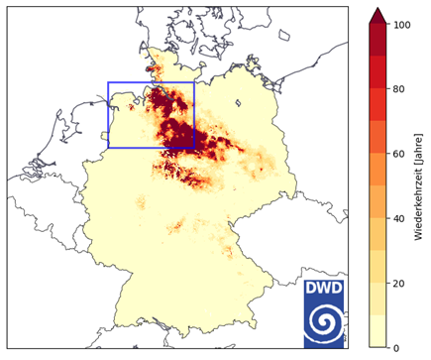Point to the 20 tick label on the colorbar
(x=399, y=283)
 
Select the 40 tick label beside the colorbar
(x=399, y=217)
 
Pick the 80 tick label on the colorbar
(x=399, y=88)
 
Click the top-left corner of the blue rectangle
(x=108, y=82)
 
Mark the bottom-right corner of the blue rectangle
(x=194, y=148)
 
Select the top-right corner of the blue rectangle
(x=194, y=82)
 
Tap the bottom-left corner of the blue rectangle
(x=108, y=148)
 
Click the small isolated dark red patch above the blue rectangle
(x=151, y=69)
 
